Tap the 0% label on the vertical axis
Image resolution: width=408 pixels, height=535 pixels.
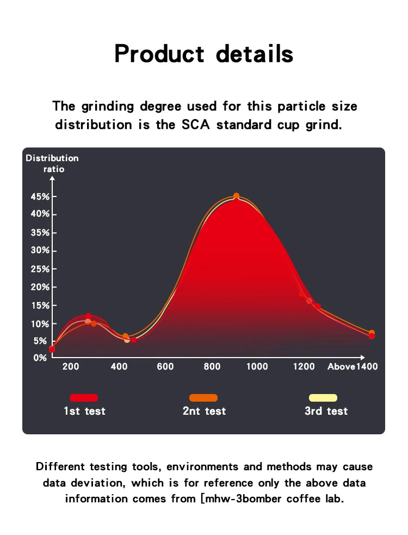click(x=40, y=358)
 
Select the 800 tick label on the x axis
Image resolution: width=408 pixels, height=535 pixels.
click(x=212, y=366)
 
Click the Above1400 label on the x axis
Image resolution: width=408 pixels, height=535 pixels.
click(x=353, y=366)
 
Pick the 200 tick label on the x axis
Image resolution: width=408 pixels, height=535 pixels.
click(x=71, y=366)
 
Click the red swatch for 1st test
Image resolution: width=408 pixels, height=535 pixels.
click(x=84, y=398)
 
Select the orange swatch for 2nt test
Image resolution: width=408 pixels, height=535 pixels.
click(x=203, y=398)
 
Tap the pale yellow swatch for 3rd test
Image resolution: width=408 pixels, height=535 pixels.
click(x=323, y=398)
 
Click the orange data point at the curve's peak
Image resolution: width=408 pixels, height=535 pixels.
click(x=236, y=196)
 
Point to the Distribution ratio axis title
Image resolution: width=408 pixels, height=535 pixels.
click(x=52, y=163)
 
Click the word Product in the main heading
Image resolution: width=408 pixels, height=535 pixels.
click(x=159, y=53)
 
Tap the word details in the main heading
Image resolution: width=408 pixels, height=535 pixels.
click(x=255, y=53)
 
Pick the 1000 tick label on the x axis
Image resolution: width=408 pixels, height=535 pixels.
click(x=257, y=366)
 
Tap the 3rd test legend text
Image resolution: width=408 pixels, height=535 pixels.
click(x=326, y=411)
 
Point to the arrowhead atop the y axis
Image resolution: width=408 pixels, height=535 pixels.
click(x=52, y=181)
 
